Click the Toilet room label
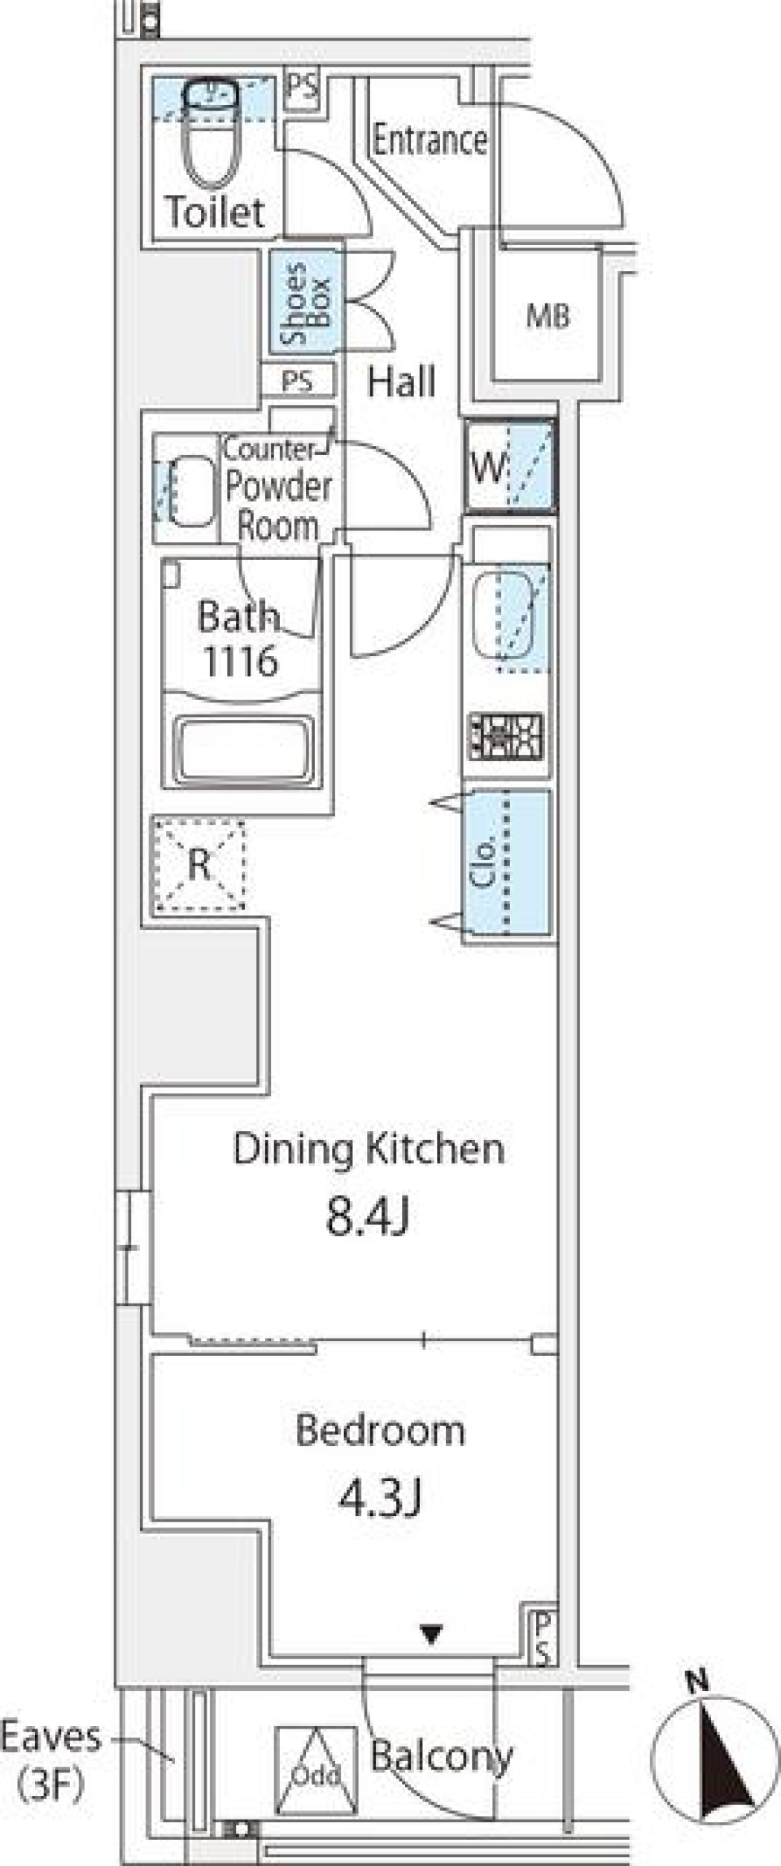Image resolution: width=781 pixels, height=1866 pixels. pos(215,212)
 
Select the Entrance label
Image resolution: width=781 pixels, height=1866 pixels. pos(430,140)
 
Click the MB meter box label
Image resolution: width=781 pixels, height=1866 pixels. pos(548,316)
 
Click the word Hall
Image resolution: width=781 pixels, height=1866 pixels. pos(401,382)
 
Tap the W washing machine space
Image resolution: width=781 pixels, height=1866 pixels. pos(510,467)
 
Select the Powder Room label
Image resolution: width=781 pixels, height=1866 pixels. pos(278,505)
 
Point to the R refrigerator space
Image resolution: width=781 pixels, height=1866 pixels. pos(199,864)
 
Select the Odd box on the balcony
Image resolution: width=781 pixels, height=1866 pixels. pos(316,1772)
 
